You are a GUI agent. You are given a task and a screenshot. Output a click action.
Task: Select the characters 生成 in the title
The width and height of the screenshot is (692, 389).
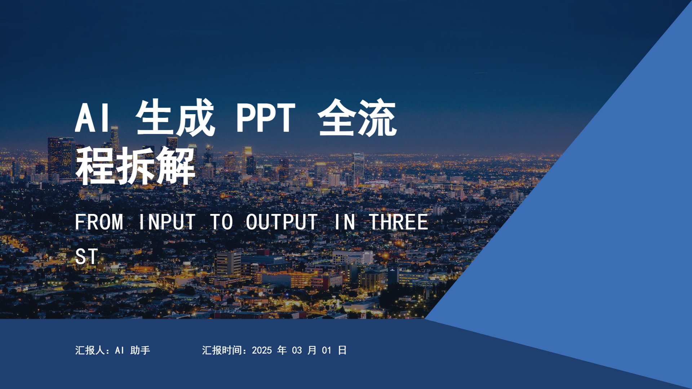click(176, 117)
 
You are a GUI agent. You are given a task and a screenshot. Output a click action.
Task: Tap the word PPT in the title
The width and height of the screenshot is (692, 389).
click(266, 118)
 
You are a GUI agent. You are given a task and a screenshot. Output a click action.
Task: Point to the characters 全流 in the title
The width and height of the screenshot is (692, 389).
click(357, 117)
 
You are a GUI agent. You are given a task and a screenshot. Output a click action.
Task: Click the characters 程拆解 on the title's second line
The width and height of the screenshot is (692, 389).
click(136, 166)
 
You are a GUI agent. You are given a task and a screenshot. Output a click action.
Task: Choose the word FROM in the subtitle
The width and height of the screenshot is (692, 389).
click(99, 222)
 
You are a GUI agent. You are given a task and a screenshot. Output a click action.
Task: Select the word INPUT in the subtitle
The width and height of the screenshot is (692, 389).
click(167, 222)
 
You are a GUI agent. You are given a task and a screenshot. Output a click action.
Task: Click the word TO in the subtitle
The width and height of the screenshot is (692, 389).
click(221, 222)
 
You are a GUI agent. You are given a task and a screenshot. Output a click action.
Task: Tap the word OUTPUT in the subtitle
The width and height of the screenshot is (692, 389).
click(281, 222)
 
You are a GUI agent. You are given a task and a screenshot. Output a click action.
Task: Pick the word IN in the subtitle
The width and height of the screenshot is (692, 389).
click(344, 222)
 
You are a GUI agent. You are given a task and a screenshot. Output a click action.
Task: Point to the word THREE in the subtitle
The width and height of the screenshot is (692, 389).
click(399, 222)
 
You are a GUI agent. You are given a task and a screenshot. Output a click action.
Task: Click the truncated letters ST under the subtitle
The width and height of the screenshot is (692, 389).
click(86, 256)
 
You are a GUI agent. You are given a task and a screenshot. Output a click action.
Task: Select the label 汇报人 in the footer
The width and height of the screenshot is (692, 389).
click(90, 350)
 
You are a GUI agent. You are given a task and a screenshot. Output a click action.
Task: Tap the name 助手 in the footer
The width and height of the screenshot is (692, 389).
click(140, 350)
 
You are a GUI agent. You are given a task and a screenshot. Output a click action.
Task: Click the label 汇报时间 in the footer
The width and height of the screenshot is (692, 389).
click(221, 350)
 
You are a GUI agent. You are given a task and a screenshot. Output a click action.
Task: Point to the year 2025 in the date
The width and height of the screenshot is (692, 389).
click(262, 350)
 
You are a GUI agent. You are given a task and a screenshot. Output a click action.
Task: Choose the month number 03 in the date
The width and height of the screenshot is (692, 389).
click(297, 350)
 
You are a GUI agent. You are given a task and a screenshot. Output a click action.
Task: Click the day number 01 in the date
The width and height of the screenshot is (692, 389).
click(327, 350)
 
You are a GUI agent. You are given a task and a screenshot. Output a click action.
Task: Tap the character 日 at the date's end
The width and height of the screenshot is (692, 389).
click(342, 350)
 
